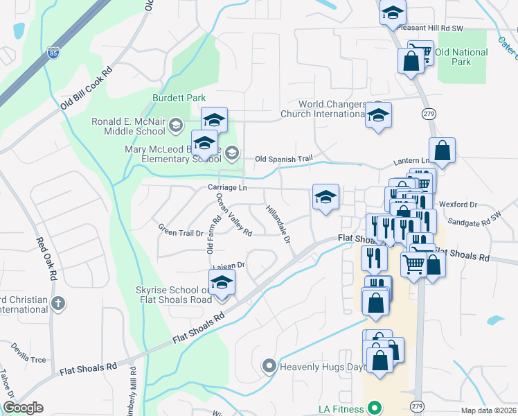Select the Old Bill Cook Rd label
(87, 88)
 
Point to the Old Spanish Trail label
(283, 159)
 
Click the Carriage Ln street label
(227, 188)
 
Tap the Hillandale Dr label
(278, 224)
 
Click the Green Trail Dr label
(180, 229)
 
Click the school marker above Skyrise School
(222, 283)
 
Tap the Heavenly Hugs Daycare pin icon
(269, 365)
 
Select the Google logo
(23, 408)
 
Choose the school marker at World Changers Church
(378, 116)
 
